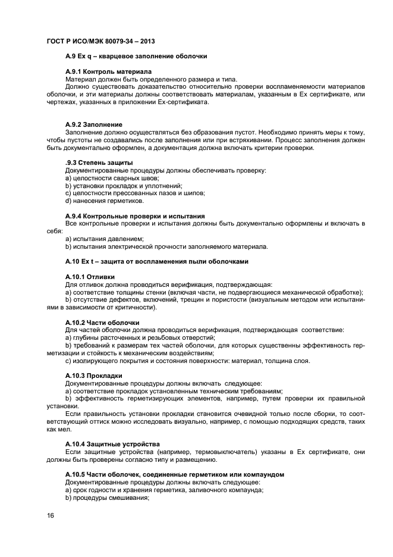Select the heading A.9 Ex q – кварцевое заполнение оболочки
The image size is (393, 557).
(136, 57)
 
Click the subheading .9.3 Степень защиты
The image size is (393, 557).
(99, 163)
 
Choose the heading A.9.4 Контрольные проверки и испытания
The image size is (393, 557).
(134, 216)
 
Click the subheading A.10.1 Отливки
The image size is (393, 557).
(90, 277)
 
